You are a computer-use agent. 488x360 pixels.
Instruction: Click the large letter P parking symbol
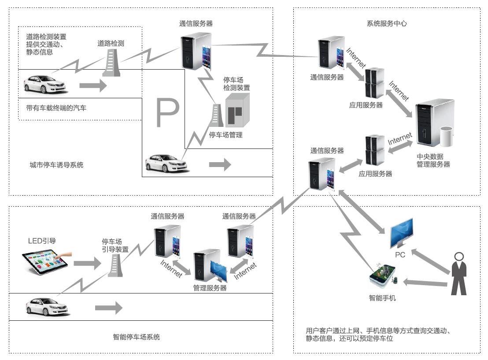[167, 112]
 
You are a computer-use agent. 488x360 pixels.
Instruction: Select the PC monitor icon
[402, 233]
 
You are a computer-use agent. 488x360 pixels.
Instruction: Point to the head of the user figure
[459, 256]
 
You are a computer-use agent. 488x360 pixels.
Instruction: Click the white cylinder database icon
[447, 137]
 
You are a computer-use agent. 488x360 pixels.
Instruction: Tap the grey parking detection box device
[237, 110]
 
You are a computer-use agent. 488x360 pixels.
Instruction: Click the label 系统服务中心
[387, 23]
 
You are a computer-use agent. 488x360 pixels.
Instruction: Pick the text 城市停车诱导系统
[57, 165]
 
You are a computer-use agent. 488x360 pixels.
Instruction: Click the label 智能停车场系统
[137, 337]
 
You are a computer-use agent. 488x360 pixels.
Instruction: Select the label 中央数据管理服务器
[433, 160]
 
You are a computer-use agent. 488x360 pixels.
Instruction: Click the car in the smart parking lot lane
[47, 306]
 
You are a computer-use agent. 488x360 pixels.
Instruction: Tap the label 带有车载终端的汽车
[56, 108]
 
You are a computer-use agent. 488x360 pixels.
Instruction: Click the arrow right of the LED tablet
[88, 264]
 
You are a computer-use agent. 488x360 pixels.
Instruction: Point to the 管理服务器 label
[210, 288]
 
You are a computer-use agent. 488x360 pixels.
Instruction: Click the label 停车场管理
[226, 135]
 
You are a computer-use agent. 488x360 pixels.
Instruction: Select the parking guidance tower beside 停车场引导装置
[115, 265]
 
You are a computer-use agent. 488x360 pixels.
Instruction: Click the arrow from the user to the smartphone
[425, 283]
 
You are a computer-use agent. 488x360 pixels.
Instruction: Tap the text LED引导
[42, 241]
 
